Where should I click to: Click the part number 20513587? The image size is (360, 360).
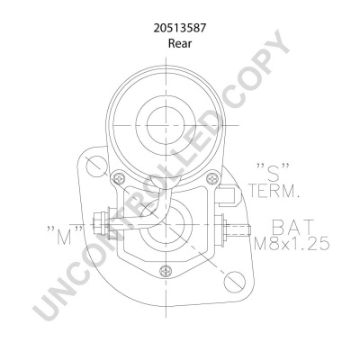tap(179, 27)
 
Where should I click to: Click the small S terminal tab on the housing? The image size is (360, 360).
tap(230, 192)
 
